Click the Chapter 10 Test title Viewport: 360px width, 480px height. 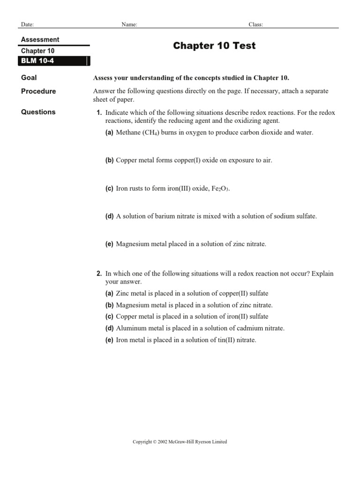[214, 45]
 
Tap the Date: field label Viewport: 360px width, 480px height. [27, 24]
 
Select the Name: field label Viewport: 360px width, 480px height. [129, 24]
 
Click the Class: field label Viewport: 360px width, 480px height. [255, 24]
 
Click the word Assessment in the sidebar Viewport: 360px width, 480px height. [40, 40]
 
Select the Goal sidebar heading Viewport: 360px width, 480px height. [29, 78]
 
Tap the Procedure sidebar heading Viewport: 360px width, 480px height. [38, 91]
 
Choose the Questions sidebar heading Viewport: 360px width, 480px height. [38, 112]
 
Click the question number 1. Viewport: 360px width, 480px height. [99, 113]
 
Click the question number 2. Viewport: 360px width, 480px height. [99, 273]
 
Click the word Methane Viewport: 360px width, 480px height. [128, 133]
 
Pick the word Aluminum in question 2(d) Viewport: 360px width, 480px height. [130, 328]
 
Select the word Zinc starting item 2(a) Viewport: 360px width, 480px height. [123, 293]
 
